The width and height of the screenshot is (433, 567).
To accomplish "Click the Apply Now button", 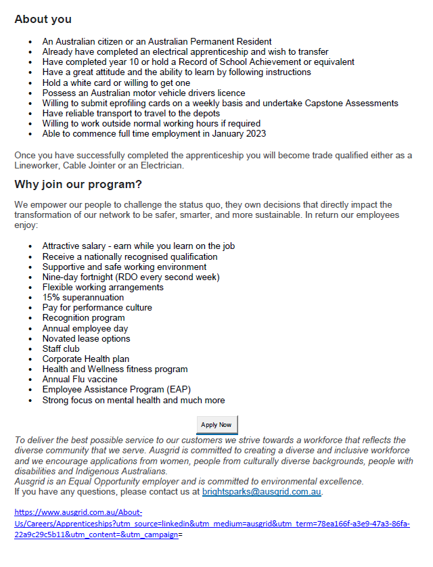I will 216,425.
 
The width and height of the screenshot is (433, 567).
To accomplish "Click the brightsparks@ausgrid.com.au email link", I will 261,492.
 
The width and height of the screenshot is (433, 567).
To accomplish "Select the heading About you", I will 43,20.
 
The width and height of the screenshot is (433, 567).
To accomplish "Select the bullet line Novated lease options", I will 86,339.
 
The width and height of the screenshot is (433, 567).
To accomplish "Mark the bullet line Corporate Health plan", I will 85,359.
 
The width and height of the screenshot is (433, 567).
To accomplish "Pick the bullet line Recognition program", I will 83,318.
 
